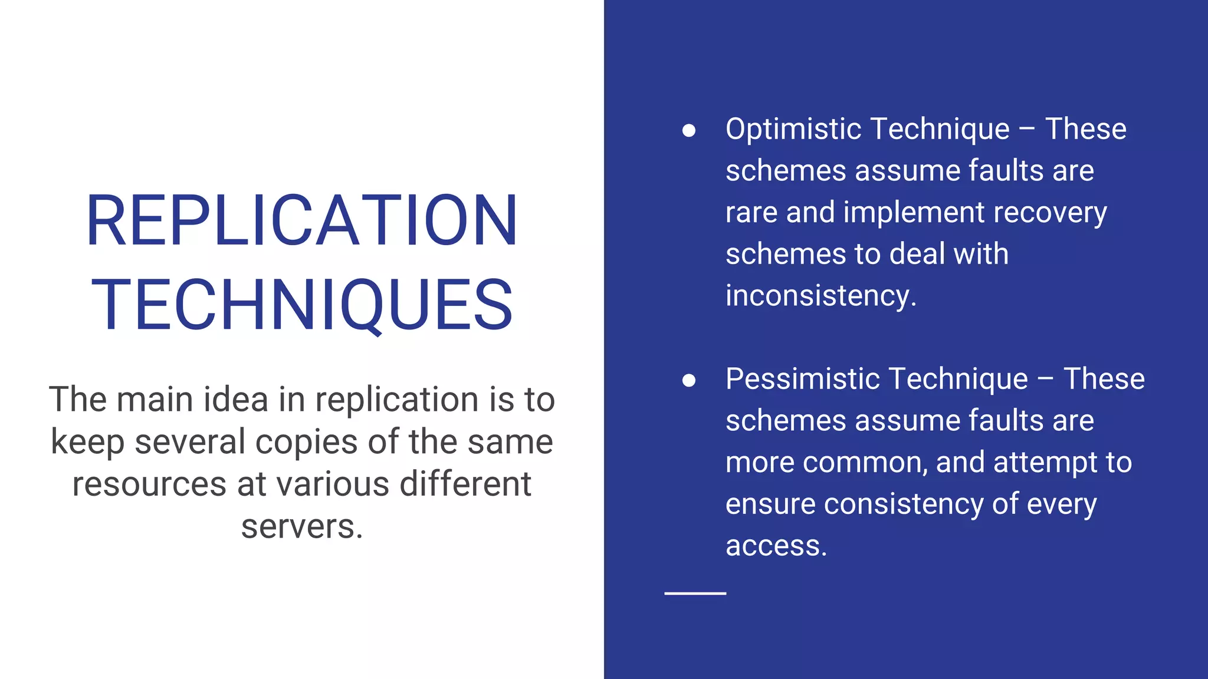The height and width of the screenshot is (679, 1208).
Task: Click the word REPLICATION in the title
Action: [301, 220]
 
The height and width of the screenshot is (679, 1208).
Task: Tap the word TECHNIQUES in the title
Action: [301, 305]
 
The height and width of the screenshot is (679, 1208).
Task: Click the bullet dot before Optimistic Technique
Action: [688, 130]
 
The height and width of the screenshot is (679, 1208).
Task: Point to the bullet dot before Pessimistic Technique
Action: [688, 380]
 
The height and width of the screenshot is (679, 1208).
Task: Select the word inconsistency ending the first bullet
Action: [820, 296]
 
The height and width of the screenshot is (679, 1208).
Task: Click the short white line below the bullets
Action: [695, 593]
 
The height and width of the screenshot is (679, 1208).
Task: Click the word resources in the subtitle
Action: [149, 484]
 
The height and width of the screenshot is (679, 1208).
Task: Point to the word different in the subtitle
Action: [465, 484]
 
